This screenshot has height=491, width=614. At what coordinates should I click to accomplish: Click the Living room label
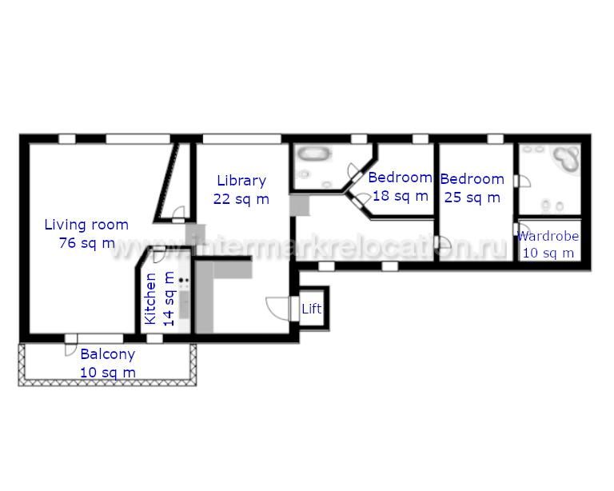pyautogui.click(x=86, y=226)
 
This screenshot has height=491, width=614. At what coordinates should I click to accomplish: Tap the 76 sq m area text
pyautogui.click(x=87, y=243)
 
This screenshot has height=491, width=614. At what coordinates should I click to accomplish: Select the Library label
pyautogui.click(x=241, y=181)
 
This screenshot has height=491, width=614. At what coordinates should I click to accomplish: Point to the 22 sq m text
pyautogui.click(x=241, y=199)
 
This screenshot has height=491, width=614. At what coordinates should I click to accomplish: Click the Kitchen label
pyautogui.click(x=150, y=299)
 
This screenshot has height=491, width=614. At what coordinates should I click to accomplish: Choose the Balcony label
pyautogui.click(x=108, y=354)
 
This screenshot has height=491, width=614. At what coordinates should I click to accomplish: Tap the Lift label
pyautogui.click(x=312, y=309)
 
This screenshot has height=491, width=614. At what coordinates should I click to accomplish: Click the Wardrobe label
pyautogui.click(x=548, y=236)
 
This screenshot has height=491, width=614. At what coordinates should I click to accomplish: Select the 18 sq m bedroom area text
pyautogui.click(x=401, y=196)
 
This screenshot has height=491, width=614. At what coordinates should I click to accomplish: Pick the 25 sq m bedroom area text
pyautogui.click(x=472, y=198)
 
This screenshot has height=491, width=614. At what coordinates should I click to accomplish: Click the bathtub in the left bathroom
pyautogui.click(x=313, y=154)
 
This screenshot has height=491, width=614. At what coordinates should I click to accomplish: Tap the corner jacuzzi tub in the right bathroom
pyautogui.click(x=565, y=158)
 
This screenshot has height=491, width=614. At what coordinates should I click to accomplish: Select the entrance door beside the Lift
pyautogui.click(x=280, y=309)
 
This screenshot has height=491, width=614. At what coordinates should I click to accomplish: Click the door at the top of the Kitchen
pyautogui.click(x=159, y=255)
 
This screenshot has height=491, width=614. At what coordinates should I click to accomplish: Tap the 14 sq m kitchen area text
pyautogui.click(x=169, y=299)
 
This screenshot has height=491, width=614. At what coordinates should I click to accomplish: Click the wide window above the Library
pyautogui.click(x=242, y=138)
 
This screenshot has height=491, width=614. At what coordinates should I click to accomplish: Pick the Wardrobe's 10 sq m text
pyautogui.click(x=548, y=253)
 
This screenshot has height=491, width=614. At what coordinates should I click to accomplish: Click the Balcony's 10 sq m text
pyautogui.click(x=108, y=373)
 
